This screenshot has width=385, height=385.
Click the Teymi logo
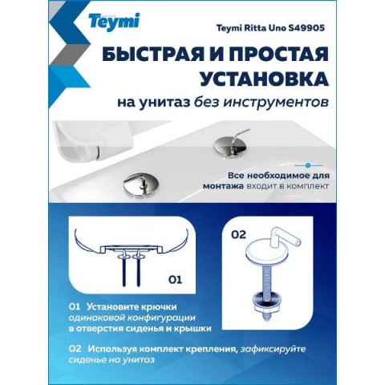tap(114, 22)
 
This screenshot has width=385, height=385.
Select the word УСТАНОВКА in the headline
tap(264, 78)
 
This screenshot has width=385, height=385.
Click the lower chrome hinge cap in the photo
tap(140, 185)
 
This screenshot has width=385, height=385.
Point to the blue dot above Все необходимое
tap(308, 165)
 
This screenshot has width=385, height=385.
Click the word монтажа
tap(223, 186)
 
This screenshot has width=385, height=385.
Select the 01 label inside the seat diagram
tap(175, 280)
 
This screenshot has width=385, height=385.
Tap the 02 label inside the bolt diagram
tap(238, 234)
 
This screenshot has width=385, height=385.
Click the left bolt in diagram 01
tap(124, 269)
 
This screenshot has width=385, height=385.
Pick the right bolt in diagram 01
tap(139, 269)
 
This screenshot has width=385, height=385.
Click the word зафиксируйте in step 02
tap(273, 350)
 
